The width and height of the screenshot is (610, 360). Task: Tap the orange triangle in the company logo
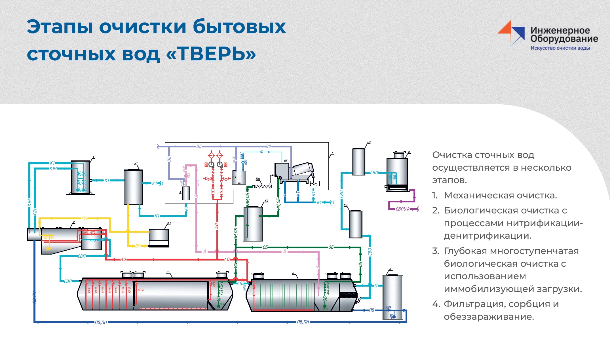[x=505, y=29]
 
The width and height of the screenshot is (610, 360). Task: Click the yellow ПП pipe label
[x=85, y=218]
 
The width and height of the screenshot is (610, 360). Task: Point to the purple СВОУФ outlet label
[x=403, y=209]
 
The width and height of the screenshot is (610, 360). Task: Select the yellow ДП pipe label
[x=138, y=246]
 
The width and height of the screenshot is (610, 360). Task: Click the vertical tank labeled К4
[x=253, y=224]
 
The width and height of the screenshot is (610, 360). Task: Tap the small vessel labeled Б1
[x=186, y=193]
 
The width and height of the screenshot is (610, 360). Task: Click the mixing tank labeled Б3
[x=239, y=177]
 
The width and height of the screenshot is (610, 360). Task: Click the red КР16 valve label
[x=141, y=290]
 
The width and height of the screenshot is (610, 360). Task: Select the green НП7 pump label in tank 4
[x=325, y=309]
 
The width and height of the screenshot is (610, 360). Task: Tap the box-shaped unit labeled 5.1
[x=159, y=238]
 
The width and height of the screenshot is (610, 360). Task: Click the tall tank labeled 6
[x=392, y=296]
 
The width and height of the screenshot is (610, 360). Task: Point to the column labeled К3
[x=358, y=162]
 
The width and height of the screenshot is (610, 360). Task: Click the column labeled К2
[x=355, y=224]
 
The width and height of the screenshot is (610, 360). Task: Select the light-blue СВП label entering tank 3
[x=68, y=281]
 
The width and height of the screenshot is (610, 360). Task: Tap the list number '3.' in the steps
[x=436, y=251]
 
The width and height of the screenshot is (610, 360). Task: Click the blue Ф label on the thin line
[x=261, y=152]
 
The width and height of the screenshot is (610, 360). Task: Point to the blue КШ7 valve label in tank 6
[x=388, y=308]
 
